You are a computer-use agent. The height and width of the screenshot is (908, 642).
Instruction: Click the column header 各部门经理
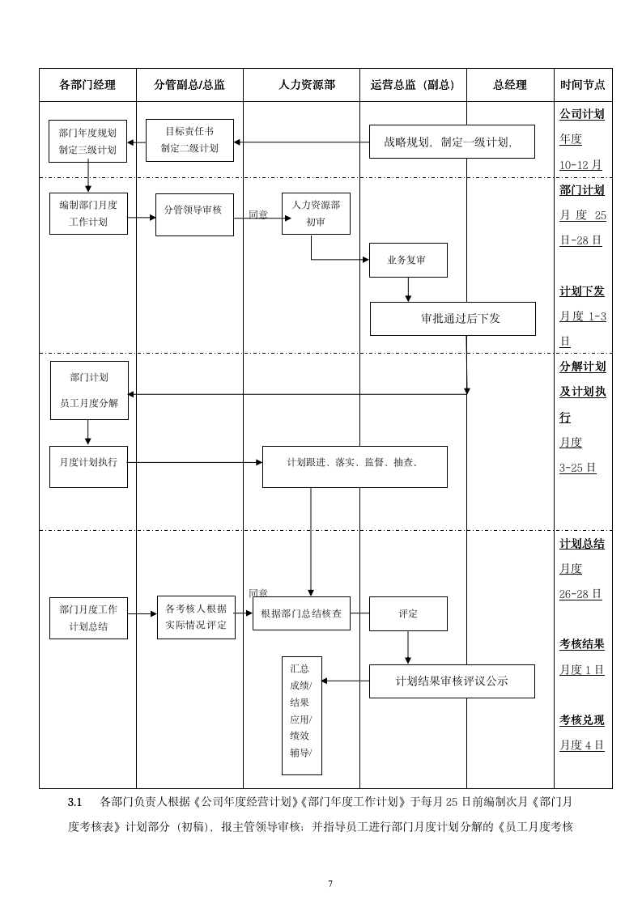coord(87,85)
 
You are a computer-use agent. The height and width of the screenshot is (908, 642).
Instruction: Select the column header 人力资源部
coord(306,85)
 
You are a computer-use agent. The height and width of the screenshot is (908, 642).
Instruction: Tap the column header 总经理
coord(510,85)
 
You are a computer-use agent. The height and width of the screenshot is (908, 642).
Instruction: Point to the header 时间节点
coord(582,85)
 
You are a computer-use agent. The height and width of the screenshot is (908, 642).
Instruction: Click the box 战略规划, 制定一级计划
coord(452,142)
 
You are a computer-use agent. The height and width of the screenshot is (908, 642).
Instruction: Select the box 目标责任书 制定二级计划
coord(189,140)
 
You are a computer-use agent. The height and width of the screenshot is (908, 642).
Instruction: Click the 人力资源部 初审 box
coord(316,214)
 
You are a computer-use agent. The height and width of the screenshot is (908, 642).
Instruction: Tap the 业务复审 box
coord(408,260)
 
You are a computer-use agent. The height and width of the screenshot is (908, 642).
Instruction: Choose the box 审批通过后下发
coord(453,318)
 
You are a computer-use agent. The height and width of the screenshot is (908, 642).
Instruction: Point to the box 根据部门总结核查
coord(301,613)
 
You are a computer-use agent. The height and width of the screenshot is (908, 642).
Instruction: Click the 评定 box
coord(408,613)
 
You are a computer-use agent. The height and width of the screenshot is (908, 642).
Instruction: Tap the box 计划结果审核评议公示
coord(452,681)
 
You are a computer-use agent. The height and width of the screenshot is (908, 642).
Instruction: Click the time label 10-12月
coord(580,164)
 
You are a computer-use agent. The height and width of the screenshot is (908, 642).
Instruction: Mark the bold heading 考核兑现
coord(582,719)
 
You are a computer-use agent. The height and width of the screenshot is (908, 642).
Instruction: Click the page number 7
coord(330,884)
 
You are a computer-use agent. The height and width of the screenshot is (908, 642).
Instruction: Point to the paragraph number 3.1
coord(75,802)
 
